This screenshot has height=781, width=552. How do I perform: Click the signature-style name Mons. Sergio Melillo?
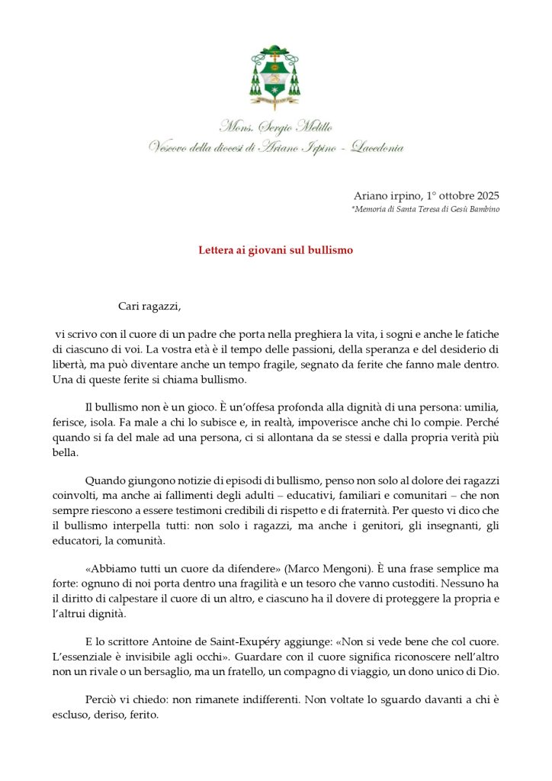275,127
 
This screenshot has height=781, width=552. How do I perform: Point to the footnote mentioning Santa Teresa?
425,209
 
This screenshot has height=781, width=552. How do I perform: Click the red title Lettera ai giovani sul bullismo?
275,249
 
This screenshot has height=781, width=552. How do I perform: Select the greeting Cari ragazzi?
150,307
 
